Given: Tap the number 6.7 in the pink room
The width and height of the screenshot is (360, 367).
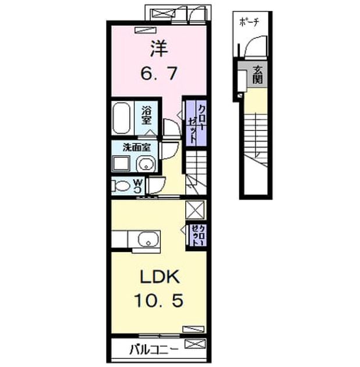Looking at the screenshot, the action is pyautogui.click(x=159, y=73).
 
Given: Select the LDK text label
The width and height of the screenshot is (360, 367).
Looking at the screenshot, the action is pyautogui.click(x=160, y=277).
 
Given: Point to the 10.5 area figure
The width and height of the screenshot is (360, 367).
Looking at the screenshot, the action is pyautogui.click(x=159, y=301).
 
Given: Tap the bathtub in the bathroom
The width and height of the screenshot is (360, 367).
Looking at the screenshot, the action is pyautogui.click(x=121, y=118).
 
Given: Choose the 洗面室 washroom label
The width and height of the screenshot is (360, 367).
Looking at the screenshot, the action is pyautogui.click(x=137, y=147).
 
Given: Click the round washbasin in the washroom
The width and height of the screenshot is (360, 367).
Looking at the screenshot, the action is pyautogui.click(x=146, y=164).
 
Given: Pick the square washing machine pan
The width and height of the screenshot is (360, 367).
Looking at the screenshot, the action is pyautogui.click(x=122, y=163).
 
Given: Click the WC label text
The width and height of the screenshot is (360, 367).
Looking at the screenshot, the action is pyautogui.click(x=138, y=186).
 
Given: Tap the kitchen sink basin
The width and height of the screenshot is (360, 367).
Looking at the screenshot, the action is pyautogui.click(x=148, y=239).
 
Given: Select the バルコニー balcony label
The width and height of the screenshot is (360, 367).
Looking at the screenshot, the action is pyautogui.click(x=154, y=350).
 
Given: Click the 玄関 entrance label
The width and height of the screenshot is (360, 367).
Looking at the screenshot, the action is pyautogui.click(x=257, y=75).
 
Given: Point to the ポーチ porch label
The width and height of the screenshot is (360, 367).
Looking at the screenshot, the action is pyautogui.click(x=249, y=22).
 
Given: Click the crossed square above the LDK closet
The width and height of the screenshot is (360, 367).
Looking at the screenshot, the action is pyautogui.click(x=195, y=210).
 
